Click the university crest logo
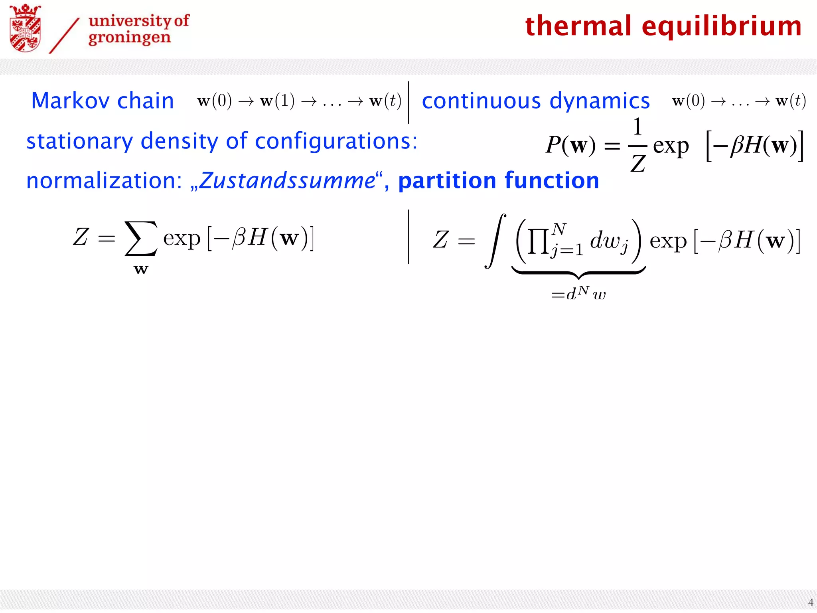click(x=25, y=28)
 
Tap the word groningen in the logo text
click(x=130, y=38)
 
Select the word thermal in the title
click(x=578, y=26)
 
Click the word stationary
click(x=79, y=141)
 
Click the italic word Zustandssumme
click(x=287, y=181)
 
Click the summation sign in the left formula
click(x=141, y=238)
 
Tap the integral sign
click(x=495, y=241)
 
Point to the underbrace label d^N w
click(x=578, y=295)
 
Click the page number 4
click(x=810, y=602)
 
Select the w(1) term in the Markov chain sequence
click(x=277, y=101)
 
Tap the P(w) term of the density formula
click(x=570, y=145)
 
